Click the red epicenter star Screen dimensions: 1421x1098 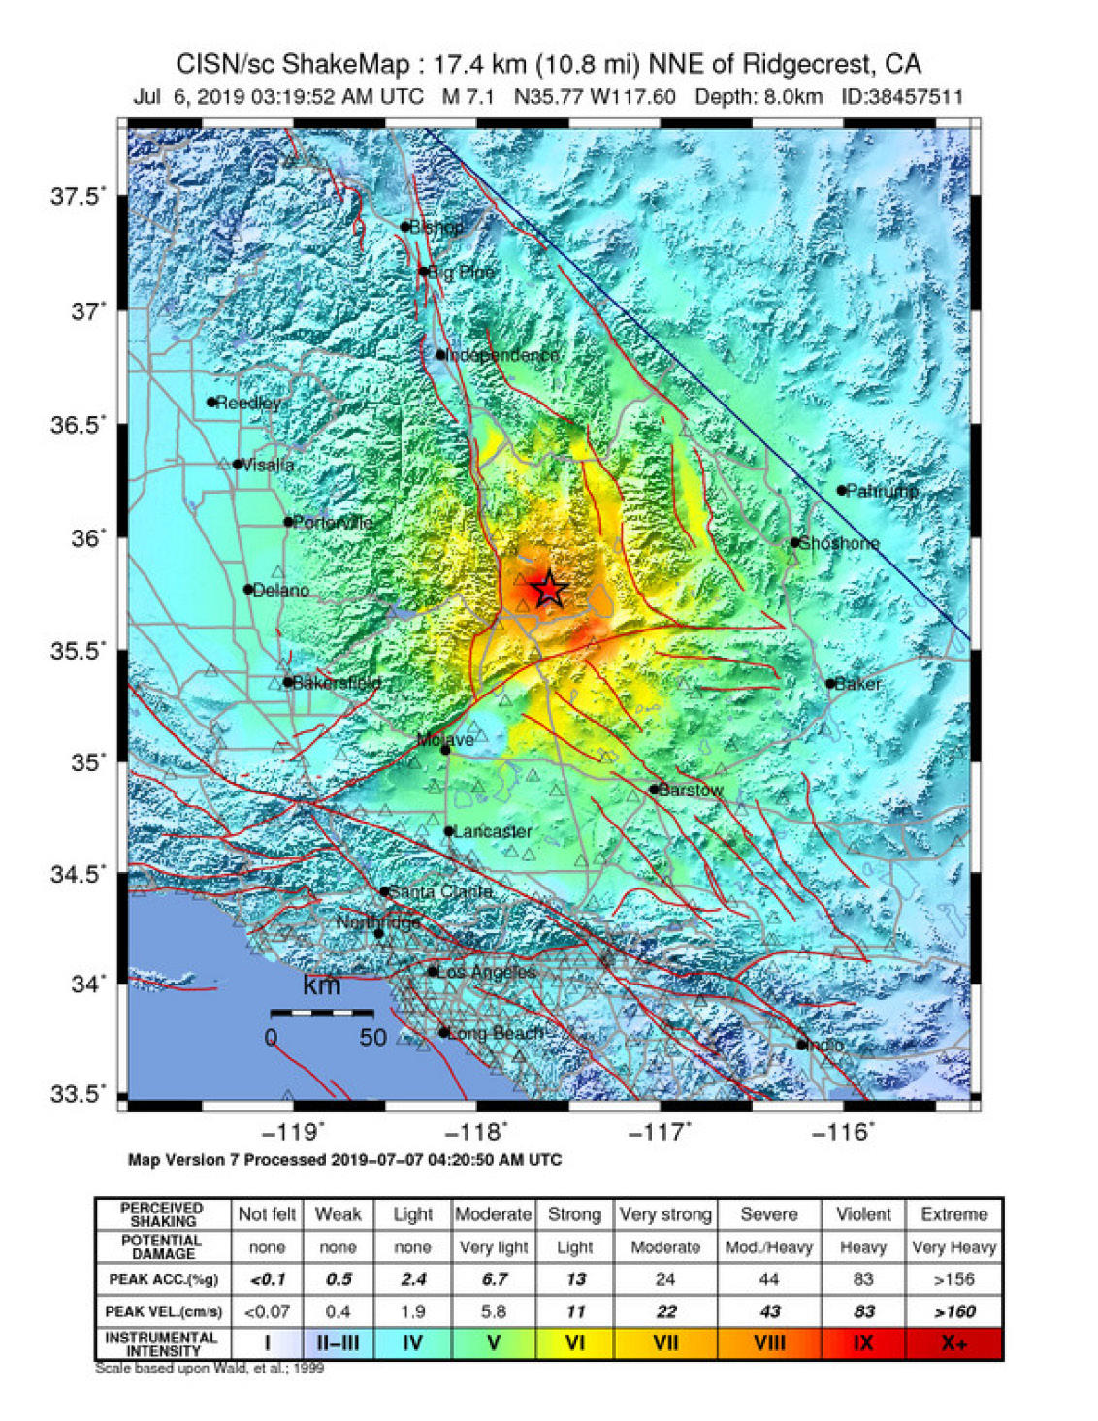(549, 589)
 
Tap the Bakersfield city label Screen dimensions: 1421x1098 (337, 683)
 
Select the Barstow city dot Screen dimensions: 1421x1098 (655, 790)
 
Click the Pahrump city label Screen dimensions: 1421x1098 (882, 491)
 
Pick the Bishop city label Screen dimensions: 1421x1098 (436, 227)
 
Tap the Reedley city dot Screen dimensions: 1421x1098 (211, 403)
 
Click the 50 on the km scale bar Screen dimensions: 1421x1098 (372, 1038)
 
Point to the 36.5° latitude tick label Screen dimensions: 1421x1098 (78, 425)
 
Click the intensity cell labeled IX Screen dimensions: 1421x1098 (862, 1343)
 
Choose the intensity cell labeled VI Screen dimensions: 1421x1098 (574, 1343)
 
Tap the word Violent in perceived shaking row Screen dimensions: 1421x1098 (862, 1214)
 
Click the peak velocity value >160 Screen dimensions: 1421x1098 (953, 1311)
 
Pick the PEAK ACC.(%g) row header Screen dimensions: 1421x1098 (163, 1279)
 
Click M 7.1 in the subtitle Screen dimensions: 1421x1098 (468, 97)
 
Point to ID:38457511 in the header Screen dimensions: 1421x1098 (901, 97)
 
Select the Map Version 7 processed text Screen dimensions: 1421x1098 (344, 1160)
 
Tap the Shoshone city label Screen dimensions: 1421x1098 (839, 543)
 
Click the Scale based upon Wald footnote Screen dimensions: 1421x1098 (210, 1368)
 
